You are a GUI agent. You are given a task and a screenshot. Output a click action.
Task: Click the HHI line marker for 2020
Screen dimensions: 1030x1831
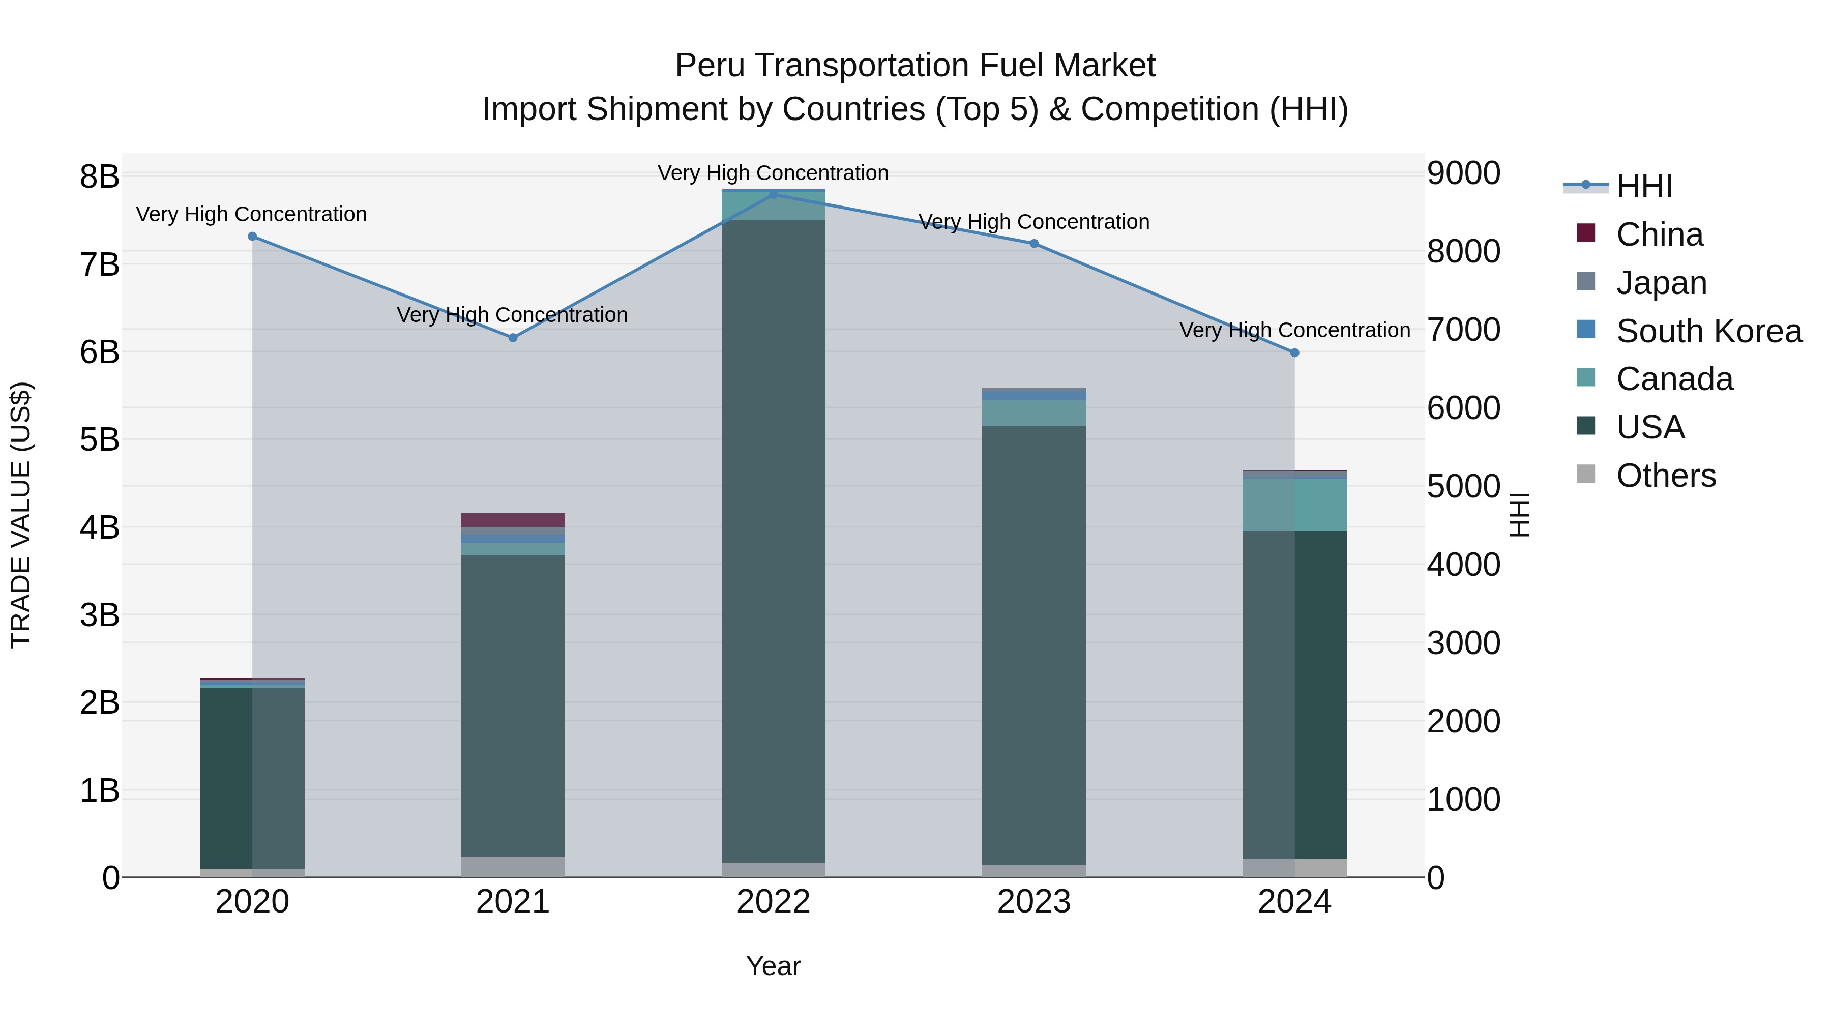252,237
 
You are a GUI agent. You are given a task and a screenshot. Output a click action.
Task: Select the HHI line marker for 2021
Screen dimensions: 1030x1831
513,338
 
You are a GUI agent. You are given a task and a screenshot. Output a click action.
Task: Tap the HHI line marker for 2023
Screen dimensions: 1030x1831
1034,244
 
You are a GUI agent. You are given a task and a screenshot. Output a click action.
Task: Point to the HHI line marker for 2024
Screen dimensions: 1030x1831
1294,352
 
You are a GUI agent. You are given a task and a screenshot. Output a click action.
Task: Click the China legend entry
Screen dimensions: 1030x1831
1659,234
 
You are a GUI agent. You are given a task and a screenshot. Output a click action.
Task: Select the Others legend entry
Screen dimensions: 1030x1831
1665,476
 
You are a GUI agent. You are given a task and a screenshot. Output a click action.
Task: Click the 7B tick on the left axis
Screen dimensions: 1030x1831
100,265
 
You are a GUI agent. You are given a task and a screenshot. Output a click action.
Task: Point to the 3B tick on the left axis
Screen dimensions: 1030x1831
100,615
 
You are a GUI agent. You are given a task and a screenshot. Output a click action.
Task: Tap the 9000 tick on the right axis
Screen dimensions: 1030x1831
1463,173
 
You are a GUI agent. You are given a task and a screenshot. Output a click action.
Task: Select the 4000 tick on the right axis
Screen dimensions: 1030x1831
1463,565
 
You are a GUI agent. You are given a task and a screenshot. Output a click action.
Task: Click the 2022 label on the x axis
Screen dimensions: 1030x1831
773,902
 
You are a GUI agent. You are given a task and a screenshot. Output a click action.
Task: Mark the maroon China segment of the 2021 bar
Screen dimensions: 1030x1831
513,520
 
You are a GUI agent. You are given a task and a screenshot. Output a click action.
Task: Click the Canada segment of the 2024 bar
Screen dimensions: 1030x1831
1294,505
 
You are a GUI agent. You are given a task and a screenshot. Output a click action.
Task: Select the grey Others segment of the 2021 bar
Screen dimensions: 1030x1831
513,867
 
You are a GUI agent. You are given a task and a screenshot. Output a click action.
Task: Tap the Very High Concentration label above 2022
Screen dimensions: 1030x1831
773,173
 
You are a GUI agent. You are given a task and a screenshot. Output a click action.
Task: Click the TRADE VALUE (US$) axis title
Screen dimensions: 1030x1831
21,515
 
